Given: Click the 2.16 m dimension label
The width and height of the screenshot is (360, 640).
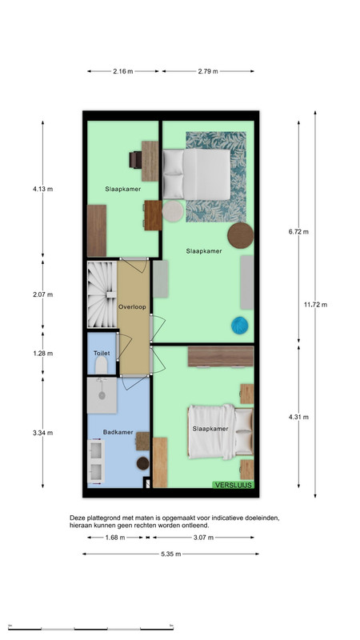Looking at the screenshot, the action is pyautogui.click(x=123, y=71).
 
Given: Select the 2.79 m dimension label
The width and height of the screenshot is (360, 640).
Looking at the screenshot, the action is pyautogui.click(x=208, y=71).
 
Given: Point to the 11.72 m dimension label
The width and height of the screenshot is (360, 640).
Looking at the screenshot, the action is pyautogui.click(x=315, y=305).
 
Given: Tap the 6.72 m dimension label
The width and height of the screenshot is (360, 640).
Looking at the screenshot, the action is pyautogui.click(x=298, y=232).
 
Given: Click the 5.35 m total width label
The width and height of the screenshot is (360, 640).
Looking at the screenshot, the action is pyautogui.click(x=170, y=554).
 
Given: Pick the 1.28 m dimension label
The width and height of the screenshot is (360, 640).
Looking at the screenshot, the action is pyautogui.click(x=43, y=354).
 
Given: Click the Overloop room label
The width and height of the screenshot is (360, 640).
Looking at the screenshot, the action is pyautogui.click(x=132, y=307).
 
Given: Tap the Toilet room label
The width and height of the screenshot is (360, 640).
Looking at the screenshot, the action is pyautogui.click(x=102, y=353).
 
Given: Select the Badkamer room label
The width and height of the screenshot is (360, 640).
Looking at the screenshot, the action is pyautogui.click(x=118, y=432).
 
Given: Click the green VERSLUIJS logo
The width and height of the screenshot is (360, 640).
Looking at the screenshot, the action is pyautogui.click(x=233, y=485).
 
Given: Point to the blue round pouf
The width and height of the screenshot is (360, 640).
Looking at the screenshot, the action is pyautogui.click(x=239, y=326).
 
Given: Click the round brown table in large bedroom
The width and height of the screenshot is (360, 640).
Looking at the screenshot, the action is pyautogui.click(x=241, y=235).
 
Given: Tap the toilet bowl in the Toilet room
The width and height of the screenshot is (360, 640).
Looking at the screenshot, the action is pyautogui.click(x=102, y=365).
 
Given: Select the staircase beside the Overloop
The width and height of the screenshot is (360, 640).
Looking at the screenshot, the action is pyautogui.click(x=102, y=294).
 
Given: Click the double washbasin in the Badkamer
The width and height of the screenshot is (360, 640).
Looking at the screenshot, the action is pyautogui.click(x=96, y=461).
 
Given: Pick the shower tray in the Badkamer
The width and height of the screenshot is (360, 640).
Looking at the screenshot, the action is pyautogui.click(x=102, y=395).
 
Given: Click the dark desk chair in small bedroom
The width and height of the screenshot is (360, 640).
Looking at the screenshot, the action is pyautogui.click(x=135, y=159).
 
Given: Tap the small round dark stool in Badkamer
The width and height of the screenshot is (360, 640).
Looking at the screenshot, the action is pyautogui.click(x=143, y=463).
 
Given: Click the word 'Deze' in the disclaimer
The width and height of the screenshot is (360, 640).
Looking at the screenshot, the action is pyautogui.click(x=76, y=518).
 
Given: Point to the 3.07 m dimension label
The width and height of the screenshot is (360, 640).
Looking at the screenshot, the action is pyautogui.click(x=203, y=538).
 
